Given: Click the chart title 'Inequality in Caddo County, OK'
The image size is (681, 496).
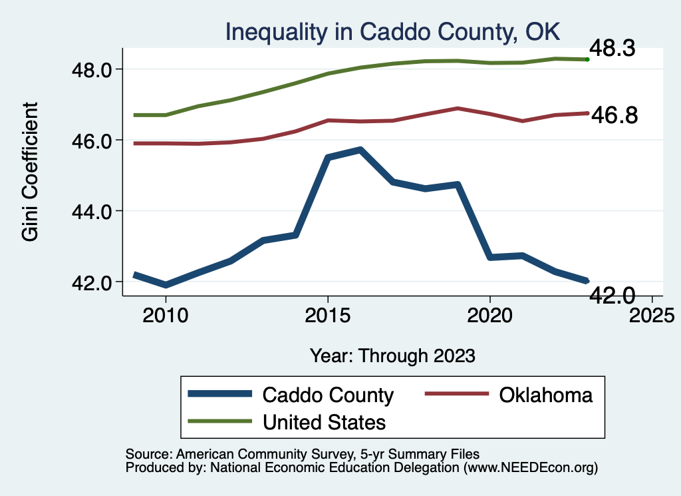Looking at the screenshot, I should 392,31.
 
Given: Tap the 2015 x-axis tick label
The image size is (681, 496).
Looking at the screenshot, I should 327,314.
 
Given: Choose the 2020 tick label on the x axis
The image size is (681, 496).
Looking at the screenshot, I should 489,314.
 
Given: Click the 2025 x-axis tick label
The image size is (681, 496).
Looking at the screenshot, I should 652,314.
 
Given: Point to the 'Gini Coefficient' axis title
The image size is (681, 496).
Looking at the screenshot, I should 31,171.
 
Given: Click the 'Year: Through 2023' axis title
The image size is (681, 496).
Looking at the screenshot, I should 392,356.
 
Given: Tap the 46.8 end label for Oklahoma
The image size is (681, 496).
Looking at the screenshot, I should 614,115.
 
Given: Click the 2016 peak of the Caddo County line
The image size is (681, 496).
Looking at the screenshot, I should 360,150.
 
